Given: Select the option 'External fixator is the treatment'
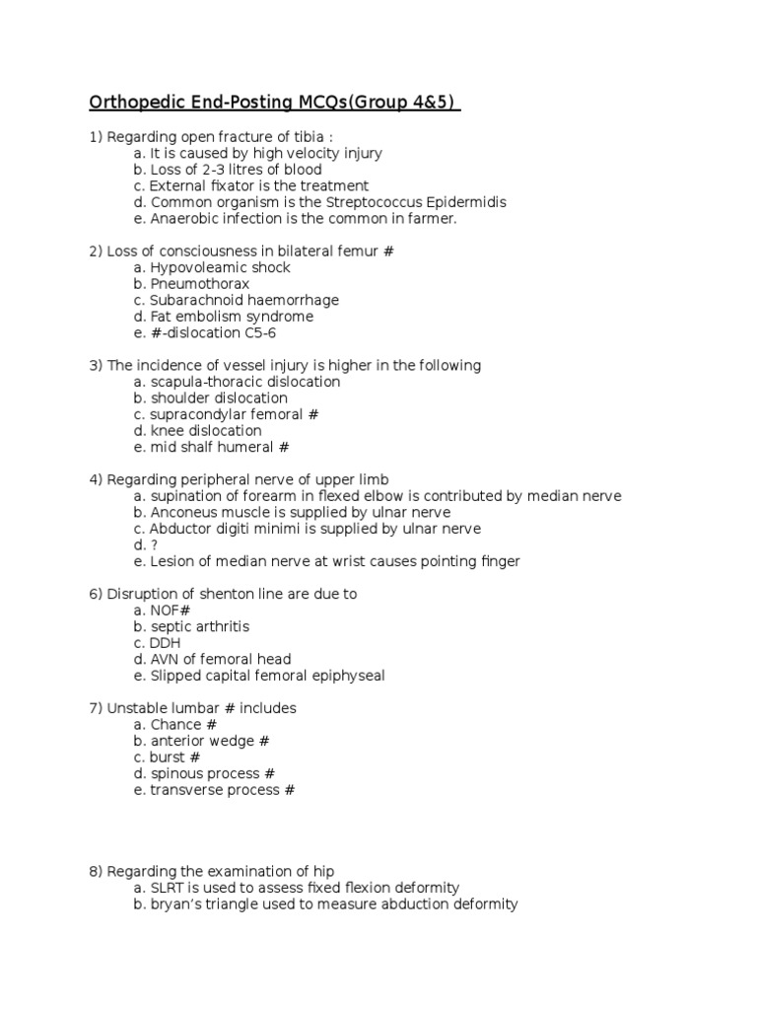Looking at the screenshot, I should pyautogui.click(x=259, y=185).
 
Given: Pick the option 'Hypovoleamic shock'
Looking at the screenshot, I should pyautogui.click(x=220, y=267).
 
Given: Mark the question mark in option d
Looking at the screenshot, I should pyautogui.click(x=154, y=545).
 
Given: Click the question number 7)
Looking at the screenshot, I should pyautogui.click(x=96, y=708).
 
